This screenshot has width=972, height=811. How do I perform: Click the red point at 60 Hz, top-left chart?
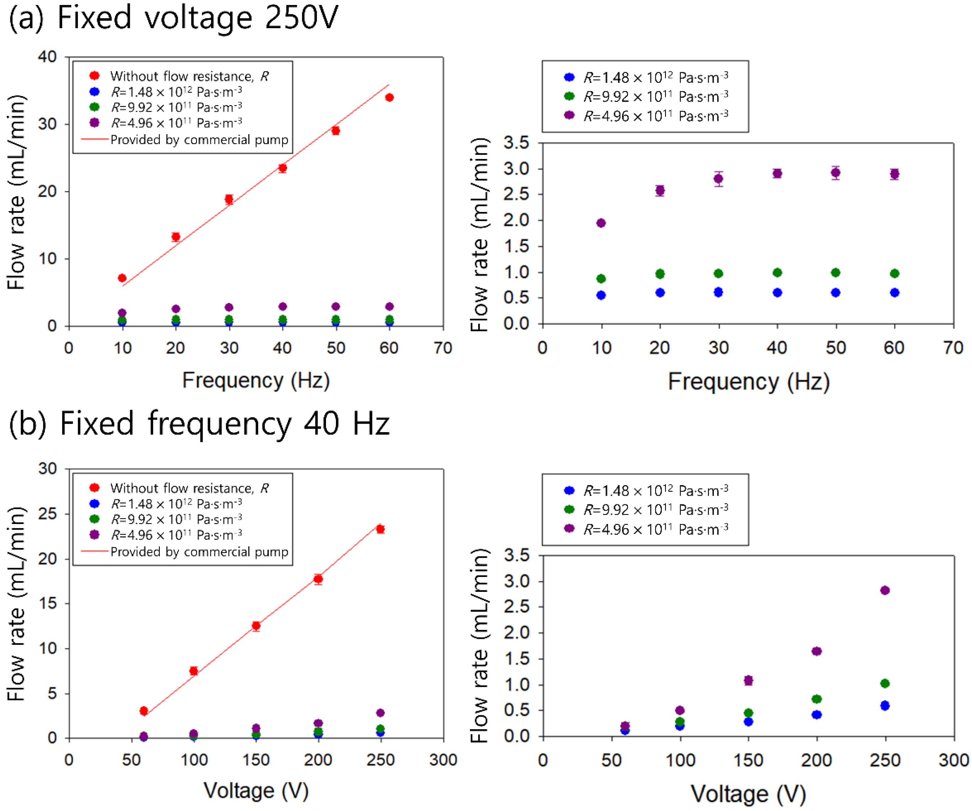click(x=389, y=97)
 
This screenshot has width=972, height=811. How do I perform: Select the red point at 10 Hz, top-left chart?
click(x=122, y=278)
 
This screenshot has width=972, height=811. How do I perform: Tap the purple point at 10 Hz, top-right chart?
click(x=601, y=223)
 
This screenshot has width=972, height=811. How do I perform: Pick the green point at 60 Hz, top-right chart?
click(x=894, y=273)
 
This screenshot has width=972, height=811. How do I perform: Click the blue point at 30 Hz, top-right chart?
click(x=719, y=292)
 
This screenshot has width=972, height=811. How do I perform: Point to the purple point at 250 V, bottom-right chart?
click(x=885, y=590)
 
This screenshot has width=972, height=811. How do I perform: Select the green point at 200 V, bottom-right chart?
click(x=817, y=699)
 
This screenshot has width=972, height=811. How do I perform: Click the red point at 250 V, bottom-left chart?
click(x=380, y=529)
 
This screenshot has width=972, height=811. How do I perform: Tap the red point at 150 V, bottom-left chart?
click(x=256, y=626)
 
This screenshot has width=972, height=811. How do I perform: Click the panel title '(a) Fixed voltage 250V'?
click(x=173, y=18)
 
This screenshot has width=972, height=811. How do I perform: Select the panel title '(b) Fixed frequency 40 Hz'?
click(x=199, y=424)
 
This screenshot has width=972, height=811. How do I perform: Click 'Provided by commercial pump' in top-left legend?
click(x=199, y=140)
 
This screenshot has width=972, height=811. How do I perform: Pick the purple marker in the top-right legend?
click(x=569, y=115)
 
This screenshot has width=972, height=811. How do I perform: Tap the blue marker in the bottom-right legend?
click(x=569, y=490)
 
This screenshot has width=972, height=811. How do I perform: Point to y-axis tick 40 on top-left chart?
click(x=48, y=57)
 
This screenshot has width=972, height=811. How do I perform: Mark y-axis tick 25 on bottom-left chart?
click(x=48, y=514)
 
